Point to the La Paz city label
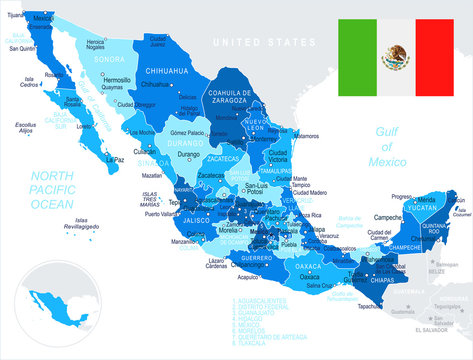tap(116, 158)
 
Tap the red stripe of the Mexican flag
tap(436, 57)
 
